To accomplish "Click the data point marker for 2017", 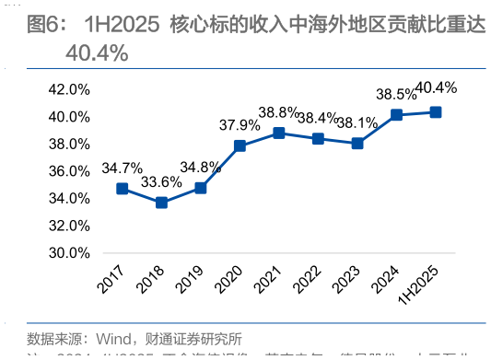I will click(x=122, y=189).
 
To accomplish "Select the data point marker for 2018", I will click(x=161, y=203).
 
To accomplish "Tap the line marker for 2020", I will click(x=240, y=145).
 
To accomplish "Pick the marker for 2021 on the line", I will click(x=278, y=133).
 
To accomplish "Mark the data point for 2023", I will click(x=357, y=143).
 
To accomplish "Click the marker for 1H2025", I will click(x=436, y=112).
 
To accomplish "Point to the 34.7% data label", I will click(x=122, y=168).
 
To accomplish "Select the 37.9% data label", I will click(x=240, y=124).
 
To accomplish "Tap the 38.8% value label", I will click(x=278, y=112).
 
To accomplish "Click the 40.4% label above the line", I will click(x=437, y=88).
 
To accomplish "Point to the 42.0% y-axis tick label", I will click(x=67, y=90).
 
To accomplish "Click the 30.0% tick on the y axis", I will click(x=67, y=253).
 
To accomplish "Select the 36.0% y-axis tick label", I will click(x=67, y=171).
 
